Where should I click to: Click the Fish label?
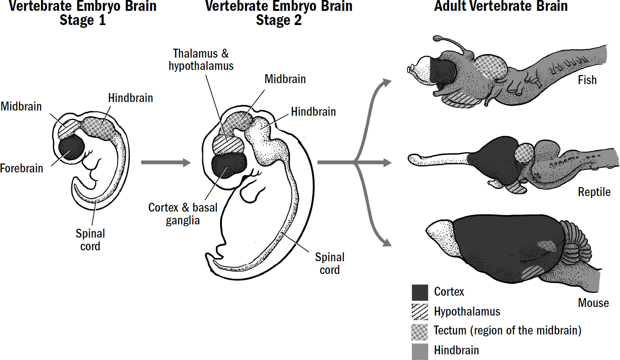coord(587,80)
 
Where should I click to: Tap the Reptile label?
coord(594,192)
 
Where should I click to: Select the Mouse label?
coord(593,303)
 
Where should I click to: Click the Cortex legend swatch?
coord(420,292)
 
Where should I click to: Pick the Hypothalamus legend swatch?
coord(420,312)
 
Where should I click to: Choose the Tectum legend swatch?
coord(420,331)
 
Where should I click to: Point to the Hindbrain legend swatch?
coord(420,350)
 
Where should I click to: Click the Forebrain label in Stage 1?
coord(22,168)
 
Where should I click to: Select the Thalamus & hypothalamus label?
coord(201,60)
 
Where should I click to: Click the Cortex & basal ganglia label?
coord(183,214)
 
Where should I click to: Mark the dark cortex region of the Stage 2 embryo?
coord(229,165)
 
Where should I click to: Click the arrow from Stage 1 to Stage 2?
coord(165,163)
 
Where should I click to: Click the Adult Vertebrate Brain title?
coord(501,7)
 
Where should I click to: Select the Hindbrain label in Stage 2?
coord(314,112)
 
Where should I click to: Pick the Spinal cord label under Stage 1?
coord(90,240)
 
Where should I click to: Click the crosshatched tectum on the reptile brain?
coord(523,153)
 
